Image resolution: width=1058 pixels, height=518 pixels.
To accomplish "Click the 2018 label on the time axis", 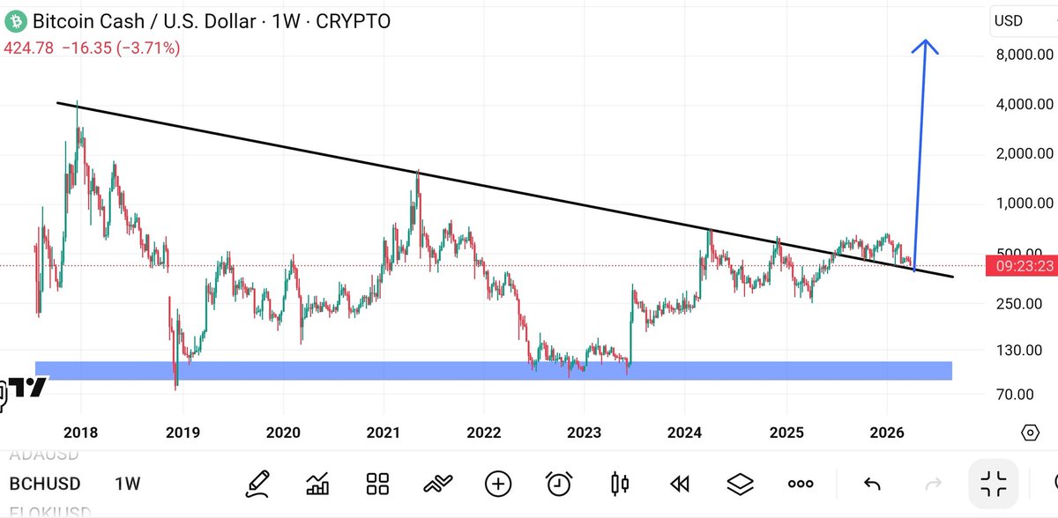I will pos(81,433).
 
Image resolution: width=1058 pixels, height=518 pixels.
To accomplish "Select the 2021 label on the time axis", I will pos(384,433).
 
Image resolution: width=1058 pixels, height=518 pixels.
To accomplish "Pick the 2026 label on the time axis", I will pos(887,433).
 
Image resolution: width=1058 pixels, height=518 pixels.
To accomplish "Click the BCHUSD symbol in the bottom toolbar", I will pos(45,484).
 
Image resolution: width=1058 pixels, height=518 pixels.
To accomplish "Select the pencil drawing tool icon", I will pos(257,483).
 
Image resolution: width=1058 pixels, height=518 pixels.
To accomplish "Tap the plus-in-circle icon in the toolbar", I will pos(498,483).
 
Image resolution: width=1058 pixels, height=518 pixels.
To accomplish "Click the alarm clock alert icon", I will pos(559,483).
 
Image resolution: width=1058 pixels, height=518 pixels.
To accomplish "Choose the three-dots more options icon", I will pos(801,484).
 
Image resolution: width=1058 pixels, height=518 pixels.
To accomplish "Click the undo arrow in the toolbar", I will pos(872,484).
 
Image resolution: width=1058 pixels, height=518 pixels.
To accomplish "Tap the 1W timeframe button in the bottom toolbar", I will pos(127,484).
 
